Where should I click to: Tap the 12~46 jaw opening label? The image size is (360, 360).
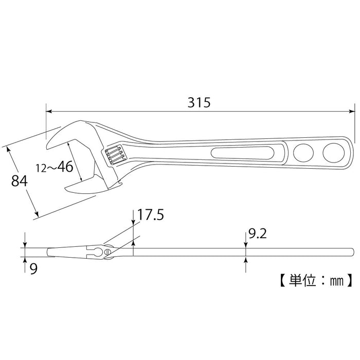tap(53, 167)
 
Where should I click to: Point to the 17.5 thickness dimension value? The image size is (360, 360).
tap(151, 214)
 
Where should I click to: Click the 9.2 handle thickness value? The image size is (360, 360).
tap(257, 235)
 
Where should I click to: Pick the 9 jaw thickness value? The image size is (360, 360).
tap(33, 268)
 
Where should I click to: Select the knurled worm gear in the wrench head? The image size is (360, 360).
tap(114, 155)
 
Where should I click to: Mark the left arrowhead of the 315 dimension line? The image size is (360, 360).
tap(49, 111)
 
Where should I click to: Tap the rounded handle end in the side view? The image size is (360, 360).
tap(351, 251)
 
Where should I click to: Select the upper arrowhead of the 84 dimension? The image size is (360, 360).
tap(9, 149)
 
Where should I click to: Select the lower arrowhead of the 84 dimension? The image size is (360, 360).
tap(37, 212)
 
